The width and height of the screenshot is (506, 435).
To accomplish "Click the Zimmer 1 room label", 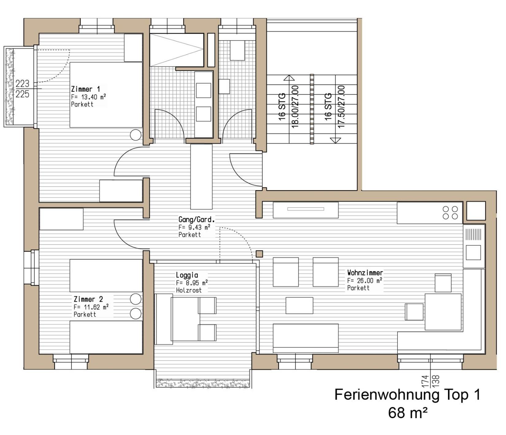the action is pyautogui.click(x=86, y=89).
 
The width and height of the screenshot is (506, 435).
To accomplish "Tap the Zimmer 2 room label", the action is pyautogui.click(x=88, y=299).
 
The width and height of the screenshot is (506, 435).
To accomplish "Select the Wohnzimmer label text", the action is pyautogui.click(x=365, y=272).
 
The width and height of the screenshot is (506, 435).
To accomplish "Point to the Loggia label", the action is pyautogui.click(x=187, y=275).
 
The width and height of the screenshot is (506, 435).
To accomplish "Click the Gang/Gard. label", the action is pyautogui.click(x=197, y=219).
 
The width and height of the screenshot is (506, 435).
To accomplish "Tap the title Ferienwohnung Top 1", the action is pyautogui.click(x=407, y=395).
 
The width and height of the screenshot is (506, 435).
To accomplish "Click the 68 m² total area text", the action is pyautogui.click(x=408, y=413).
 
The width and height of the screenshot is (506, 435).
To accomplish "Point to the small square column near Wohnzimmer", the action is pyautogui.click(x=260, y=254).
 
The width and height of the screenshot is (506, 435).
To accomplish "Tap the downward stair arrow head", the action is pyautogui.click(x=336, y=141).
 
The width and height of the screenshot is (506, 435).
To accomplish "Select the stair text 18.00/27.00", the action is pyautogui.click(x=295, y=106).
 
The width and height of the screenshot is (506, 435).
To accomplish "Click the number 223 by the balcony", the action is pyautogui.click(x=22, y=83).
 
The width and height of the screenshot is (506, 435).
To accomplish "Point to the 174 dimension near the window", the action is pyautogui.click(x=425, y=381).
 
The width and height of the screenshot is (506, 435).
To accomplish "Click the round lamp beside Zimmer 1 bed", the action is pyautogui.click(x=136, y=134).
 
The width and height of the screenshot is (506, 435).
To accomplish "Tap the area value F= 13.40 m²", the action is pyautogui.click(x=88, y=97).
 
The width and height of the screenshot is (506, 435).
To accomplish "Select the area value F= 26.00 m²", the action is pyautogui.click(x=365, y=280).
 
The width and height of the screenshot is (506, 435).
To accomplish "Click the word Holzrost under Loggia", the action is pyautogui.click(x=189, y=290).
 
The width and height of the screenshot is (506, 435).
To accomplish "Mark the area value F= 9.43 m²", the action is pyautogui.click(x=195, y=227).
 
